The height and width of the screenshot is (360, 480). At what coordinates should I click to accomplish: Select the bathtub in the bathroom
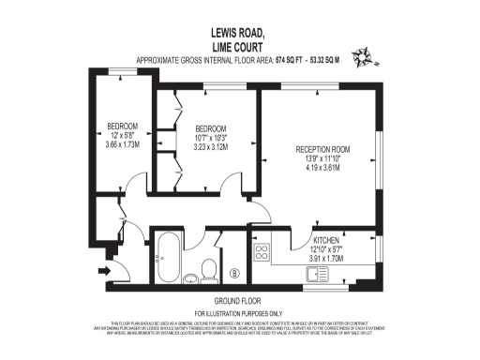171,256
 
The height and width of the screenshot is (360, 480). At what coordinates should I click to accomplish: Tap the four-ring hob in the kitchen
262,251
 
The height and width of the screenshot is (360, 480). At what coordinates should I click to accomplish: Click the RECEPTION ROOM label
322,149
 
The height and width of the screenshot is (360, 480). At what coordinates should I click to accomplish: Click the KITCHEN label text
326,240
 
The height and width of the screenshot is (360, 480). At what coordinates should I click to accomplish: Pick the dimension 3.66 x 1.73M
122,144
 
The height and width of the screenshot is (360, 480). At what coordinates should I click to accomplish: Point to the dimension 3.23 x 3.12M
211,146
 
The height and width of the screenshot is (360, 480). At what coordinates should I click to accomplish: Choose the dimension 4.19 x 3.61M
322,170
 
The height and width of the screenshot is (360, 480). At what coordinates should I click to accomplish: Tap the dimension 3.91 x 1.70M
326,259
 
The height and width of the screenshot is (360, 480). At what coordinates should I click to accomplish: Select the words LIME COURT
239,45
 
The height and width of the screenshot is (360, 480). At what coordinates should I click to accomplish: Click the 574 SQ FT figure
291,60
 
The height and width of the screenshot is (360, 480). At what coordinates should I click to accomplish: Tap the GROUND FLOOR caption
238,299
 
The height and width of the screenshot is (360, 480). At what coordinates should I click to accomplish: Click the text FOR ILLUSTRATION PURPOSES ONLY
238,312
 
